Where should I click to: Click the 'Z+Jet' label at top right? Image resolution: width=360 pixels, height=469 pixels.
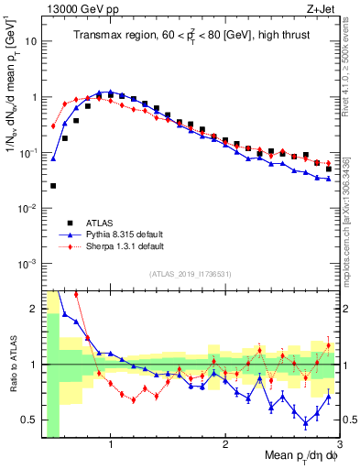[x=322, y=8]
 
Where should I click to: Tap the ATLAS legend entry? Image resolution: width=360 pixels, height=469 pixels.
[x=102, y=222]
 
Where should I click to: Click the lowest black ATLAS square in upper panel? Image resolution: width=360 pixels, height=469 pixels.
[x=53, y=186]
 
